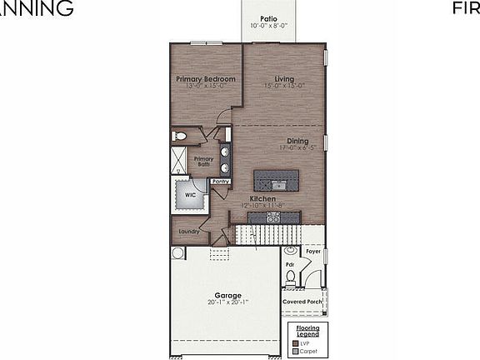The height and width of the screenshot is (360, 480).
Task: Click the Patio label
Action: click(x=267, y=17)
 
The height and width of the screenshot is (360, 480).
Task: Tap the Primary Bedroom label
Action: click(x=205, y=79)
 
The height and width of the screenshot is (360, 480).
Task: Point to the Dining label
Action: click(x=297, y=141)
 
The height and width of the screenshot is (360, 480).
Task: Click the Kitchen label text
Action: click(x=262, y=199)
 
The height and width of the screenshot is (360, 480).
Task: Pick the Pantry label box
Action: click(x=220, y=181)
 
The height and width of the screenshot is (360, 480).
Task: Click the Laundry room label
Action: click(x=188, y=232)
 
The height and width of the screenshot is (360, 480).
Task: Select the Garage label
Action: click(x=227, y=295)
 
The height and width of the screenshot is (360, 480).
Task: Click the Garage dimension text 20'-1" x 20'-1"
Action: click(x=227, y=303)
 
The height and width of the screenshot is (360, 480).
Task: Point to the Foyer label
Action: click(x=312, y=250)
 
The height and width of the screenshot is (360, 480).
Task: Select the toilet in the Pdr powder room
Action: click(x=290, y=252)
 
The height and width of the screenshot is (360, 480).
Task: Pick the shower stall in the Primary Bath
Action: click(x=179, y=161)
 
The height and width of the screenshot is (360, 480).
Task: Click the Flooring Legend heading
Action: click(x=307, y=331)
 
